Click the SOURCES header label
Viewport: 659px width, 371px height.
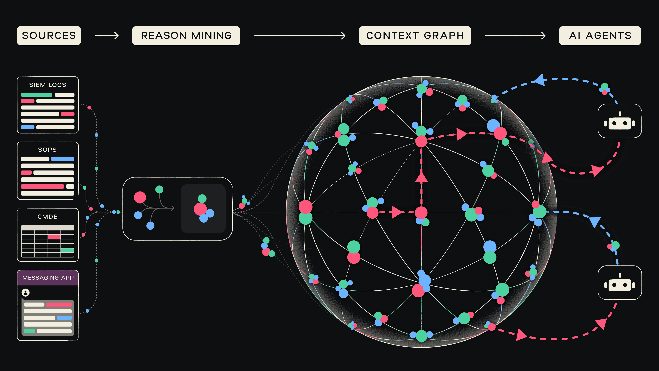pos(49,36)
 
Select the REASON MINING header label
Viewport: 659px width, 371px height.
pos(186,36)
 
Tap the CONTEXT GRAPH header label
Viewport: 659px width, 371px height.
pos(415,36)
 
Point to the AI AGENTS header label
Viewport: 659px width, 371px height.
pos(600,36)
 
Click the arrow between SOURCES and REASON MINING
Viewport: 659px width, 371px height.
pos(107,36)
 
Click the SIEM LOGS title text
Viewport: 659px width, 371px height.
pos(48,85)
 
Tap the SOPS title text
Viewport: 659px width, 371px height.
pos(47,150)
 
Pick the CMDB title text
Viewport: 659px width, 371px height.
pos(48,217)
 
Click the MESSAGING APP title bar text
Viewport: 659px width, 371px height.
pos(48,278)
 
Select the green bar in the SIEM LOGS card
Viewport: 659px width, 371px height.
pos(37,95)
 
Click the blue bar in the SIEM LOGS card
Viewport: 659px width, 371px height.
pos(28,127)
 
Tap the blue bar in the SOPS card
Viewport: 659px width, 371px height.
pos(63,159)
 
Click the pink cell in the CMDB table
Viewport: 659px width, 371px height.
pos(54,237)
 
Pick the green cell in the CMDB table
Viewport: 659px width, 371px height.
pos(67,250)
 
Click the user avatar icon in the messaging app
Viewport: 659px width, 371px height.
pos(26,292)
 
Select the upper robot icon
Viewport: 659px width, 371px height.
pos(619,121)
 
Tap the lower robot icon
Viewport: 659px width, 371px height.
pos(619,283)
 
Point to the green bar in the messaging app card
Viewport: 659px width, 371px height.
pos(29,331)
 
